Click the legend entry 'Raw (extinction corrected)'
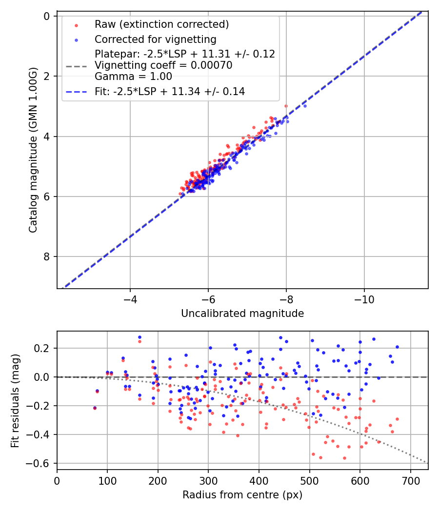click(x=161, y=24)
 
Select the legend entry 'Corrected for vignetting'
click(x=156, y=39)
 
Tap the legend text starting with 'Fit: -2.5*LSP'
click(x=170, y=91)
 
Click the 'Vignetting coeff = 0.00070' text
click(x=163, y=65)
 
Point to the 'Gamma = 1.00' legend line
click(x=133, y=76)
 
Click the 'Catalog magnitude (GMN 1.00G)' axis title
click(x=33, y=150)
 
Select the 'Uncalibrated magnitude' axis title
click(x=242, y=313)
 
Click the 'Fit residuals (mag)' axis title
click(x=15, y=400)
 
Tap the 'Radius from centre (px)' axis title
click(x=242, y=495)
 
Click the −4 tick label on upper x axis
click(x=130, y=298)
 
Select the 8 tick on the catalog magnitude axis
click(x=47, y=256)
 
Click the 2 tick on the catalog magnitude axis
click(x=47, y=76)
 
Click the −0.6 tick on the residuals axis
click(x=42, y=463)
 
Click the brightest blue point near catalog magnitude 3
click(x=305, y=106)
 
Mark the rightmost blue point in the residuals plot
click(x=397, y=347)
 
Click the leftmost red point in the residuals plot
click(x=95, y=408)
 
